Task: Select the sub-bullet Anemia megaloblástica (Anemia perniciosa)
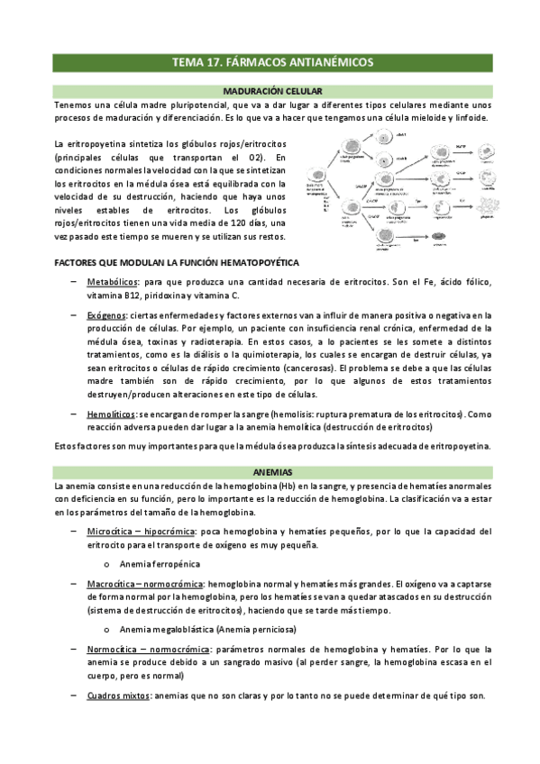[206, 629]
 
